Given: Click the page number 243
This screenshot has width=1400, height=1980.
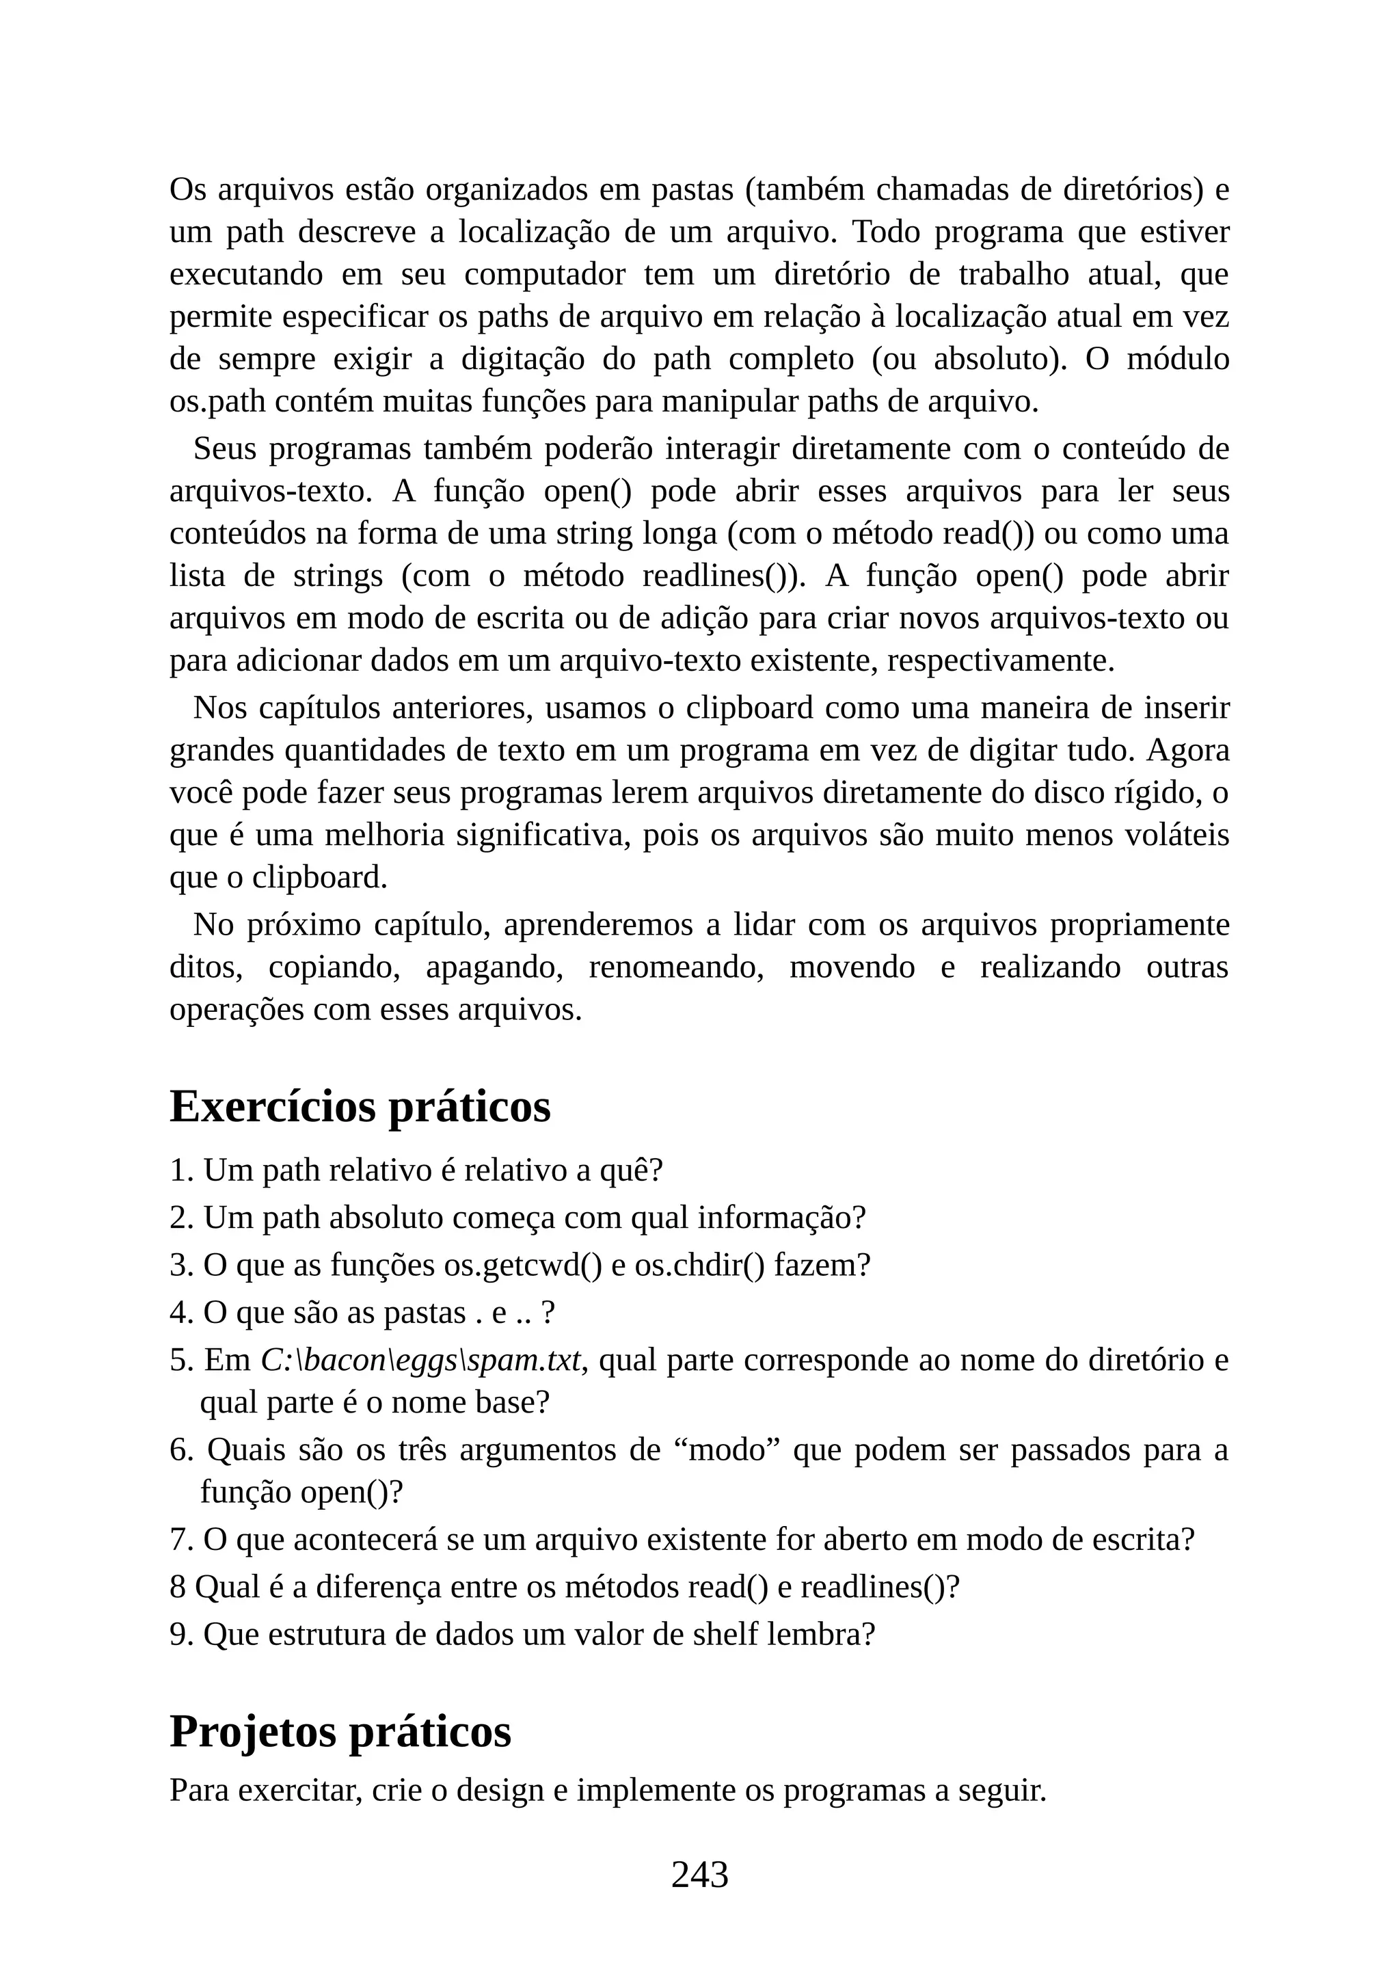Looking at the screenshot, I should point(699,1874).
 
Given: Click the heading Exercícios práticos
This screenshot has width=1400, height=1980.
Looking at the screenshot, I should point(360,1106).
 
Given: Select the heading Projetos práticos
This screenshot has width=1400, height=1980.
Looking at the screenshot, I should point(340,1730).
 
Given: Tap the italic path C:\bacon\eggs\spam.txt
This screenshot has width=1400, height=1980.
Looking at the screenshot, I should point(420,1360).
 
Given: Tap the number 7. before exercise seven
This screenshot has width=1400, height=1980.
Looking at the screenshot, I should point(182,1539).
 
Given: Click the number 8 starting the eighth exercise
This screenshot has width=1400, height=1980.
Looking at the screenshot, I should point(178,1587).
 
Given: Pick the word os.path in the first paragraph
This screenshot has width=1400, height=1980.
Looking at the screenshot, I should point(207,402).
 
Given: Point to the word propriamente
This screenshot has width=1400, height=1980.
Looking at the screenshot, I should point(1139,924).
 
